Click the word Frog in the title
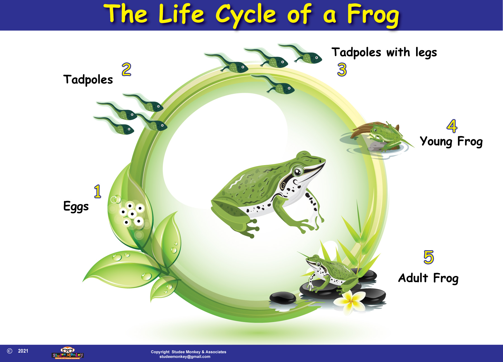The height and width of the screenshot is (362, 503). click(x=373, y=15)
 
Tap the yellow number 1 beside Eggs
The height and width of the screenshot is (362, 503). click(x=98, y=191)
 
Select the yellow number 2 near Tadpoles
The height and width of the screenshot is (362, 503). click(x=126, y=69)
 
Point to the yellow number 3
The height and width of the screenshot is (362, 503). click(x=342, y=70)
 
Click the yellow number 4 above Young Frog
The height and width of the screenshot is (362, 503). click(x=452, y=126)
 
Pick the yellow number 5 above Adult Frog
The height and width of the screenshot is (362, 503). click(x=429, y=257)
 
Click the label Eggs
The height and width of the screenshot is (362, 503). click(x=76, y=207)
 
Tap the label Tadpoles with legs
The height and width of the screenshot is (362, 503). click(x=384, y=53)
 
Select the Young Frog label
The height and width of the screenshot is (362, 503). click(x=451, y=141)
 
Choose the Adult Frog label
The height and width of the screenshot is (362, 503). click(x=428, y=278)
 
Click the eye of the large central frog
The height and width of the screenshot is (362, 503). click(x=298, y=171)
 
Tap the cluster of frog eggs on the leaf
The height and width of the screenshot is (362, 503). click(x=131, y=214)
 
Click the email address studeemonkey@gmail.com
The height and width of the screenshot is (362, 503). click(x=185, y=357)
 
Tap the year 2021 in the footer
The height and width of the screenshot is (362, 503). click(x=23, y=351)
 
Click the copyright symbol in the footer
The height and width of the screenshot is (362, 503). click(x=10, y=351)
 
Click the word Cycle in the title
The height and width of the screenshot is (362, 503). click(x=246, y=15)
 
